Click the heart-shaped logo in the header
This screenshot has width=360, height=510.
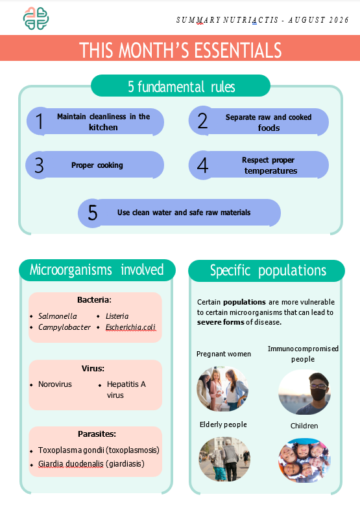[x=36, y=19]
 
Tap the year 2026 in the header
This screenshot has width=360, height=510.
[x=339, y=20]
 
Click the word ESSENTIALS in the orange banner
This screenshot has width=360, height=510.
[x=238, y=50]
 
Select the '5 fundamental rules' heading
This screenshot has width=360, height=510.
[x=182, y=87]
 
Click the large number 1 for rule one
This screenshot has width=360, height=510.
[x=40, y=121]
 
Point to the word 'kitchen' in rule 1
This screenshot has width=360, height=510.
[x=103, y=127]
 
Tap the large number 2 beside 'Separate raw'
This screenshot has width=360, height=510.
[x=202, y=121]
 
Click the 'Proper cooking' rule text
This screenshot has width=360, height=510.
[x=97, y=165]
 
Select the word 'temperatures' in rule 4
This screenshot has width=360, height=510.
[x=271, y=171]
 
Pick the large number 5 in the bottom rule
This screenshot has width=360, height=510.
[x=93, y=213]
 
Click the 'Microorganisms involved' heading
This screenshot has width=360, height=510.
[x=97, y=270]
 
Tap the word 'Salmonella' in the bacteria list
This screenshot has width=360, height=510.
[x=58, y=316]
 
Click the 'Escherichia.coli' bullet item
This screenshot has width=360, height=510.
[x=130, y=327]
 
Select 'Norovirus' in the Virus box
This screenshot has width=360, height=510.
[x=55, y=384]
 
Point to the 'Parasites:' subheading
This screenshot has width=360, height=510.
[x=97, y=434]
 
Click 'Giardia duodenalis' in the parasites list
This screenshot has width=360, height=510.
[x=71, y=464]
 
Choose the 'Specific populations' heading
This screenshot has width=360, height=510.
[x=268, y=270]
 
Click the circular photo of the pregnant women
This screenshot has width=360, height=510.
[x=222, y=389]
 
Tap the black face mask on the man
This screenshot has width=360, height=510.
[x=318, y=394]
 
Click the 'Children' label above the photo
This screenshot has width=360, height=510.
[x=304, y=426]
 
